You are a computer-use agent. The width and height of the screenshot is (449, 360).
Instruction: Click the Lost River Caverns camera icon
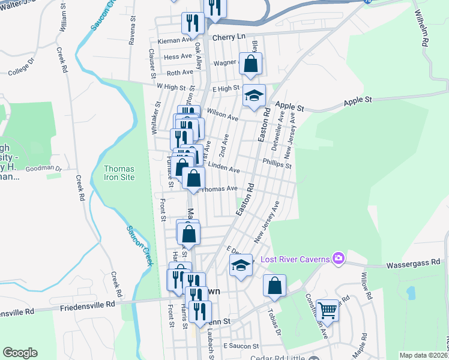pos(338,258)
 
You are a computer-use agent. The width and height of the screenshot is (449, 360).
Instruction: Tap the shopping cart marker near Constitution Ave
pos(327,310)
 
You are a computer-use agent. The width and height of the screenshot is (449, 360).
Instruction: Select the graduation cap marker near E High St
pos(254,95)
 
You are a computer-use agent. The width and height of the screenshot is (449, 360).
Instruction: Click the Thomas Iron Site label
pos(119,173)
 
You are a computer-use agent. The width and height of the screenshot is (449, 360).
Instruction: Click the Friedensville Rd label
pos(87,305)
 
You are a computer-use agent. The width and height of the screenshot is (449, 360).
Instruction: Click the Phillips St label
pos(277,162)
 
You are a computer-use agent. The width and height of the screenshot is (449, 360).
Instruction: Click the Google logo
pos(20,353)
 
